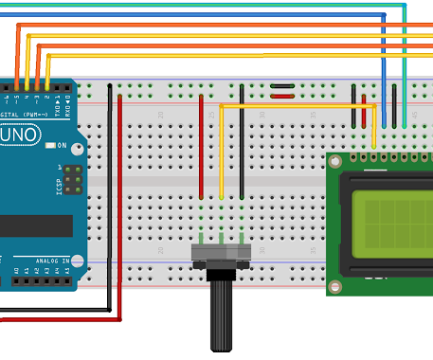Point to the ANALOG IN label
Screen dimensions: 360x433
coord(53,261)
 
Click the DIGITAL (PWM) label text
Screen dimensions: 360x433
coord(28,115)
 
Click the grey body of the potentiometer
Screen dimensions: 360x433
coord(221,253)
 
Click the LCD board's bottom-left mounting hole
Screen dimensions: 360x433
coord(335,285)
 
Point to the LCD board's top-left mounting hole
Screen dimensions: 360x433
coord(335,163)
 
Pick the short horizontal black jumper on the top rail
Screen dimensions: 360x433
coord(282,96)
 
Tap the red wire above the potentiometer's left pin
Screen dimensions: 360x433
coord(201,142)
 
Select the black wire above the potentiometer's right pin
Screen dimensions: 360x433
coord(242,142)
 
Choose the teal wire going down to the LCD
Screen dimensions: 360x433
coord(405,66)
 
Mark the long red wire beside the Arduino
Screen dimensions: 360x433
coord(120,208)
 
